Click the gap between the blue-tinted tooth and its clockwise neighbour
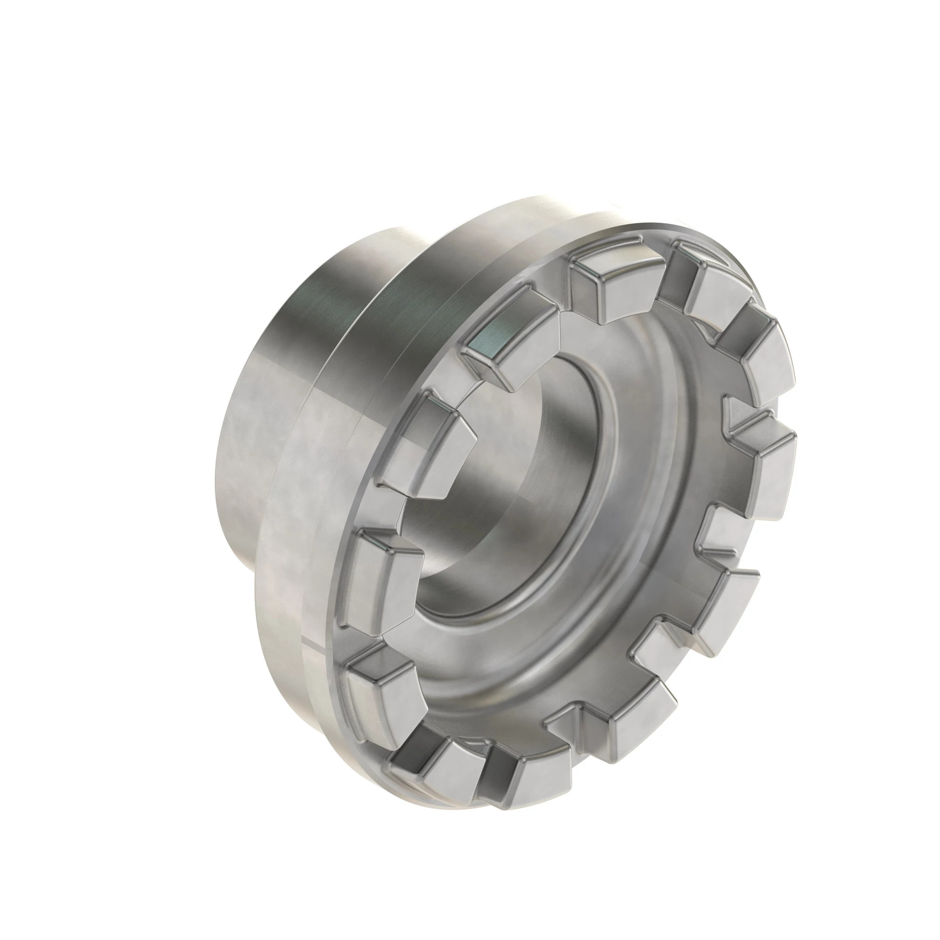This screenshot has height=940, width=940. tap(564, 302)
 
